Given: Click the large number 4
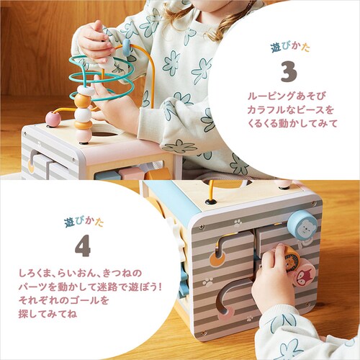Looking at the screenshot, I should tap(83, 246).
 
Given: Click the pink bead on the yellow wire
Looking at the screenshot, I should tap(53, 118).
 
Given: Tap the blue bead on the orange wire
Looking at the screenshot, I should tap(126, 48).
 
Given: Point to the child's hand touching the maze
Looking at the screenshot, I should tap(274, 277).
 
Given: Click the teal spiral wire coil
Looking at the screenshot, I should tap(101, 75).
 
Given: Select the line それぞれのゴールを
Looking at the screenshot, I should tap(65, 301).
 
